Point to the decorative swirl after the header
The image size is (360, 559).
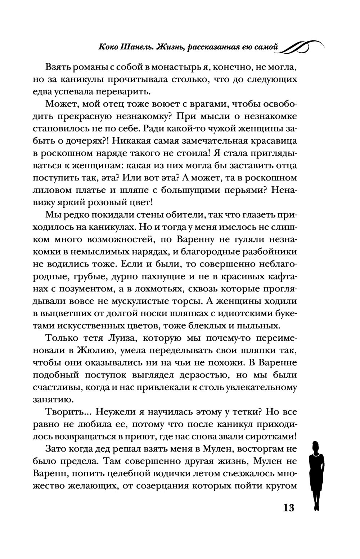pyautogui.click(x=302, y=46)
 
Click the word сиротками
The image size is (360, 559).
pyautogui.click(x=270, y=436)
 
